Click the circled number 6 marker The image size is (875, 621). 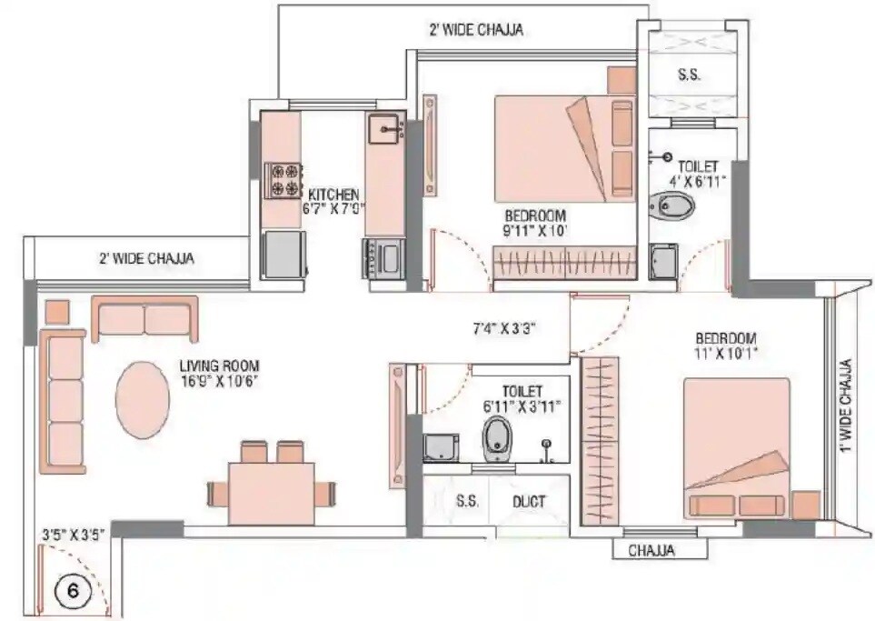pos(74,590)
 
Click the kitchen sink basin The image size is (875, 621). pos(387,129)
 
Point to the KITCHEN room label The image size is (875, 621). pos(333,195)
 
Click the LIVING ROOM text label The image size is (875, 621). pos(219,367)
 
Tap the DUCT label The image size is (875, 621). pos(528,501)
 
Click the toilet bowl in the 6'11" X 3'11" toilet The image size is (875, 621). pos(497,438)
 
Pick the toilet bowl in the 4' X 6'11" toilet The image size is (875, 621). pos(672,205)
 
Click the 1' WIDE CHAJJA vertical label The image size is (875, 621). pos(846,406)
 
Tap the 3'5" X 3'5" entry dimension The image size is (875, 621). pos(75,535)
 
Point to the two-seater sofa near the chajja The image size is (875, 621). pos(144,319)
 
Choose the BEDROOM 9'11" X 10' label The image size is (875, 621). pos(535,223)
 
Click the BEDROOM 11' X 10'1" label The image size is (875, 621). pos(726,344)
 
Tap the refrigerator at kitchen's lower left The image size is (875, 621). pos(283,254)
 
